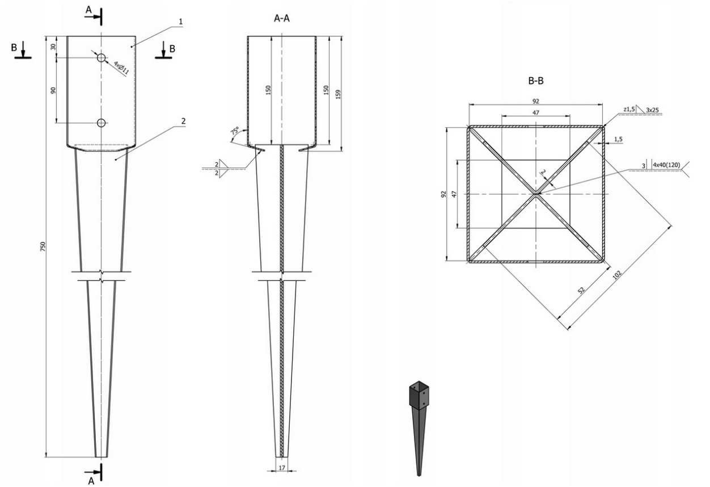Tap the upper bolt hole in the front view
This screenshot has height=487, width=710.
coord(102,58)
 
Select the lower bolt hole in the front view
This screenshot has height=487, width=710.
coord(102,123)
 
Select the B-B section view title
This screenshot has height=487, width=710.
coord(535,81)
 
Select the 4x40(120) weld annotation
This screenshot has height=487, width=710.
coord(665,165)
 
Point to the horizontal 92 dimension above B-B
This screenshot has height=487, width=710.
coord(535,100)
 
